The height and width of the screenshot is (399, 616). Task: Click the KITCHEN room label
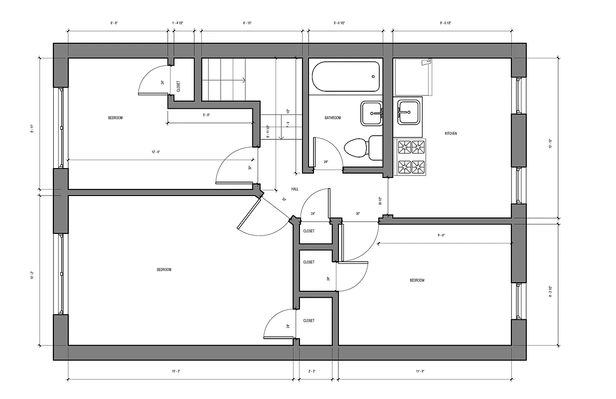pyautogui.click(x=451, y=134)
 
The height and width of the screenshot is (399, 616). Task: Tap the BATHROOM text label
pyautogui.click(x=332, y=118)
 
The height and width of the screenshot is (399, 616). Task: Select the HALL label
pyautogui.click(x=295, y=189)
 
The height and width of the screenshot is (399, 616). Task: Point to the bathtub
pyautogui.click(x=345, y=76)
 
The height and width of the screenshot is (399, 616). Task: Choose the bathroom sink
pyautogui.click(x=371, y=113)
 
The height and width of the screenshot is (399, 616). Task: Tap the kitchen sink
pyautogui.click(x=408, y=112)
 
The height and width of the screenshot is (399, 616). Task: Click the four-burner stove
pyautogui.click(x=412, y=156)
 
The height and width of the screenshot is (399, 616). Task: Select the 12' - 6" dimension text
pyautogui.click(x=156, y=152)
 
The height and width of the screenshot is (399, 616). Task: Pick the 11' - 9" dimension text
pyautogui.click(x=420, y=371)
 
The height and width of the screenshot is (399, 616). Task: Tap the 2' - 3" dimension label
pyautogui.click(x=312, y=371)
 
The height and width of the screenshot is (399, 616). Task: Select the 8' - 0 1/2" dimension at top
pyautogui.click(x=446, y=23)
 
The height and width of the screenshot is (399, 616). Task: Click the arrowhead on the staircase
pyautogui.click(x=243, y=80)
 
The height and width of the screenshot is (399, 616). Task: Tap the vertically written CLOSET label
pyautogui.click(x=178, y=86)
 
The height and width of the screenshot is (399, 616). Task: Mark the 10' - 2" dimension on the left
pyautogui.click(x=32, y=274)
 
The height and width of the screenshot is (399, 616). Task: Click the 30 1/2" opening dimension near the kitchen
pyautogui.click(x=380, y=201)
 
